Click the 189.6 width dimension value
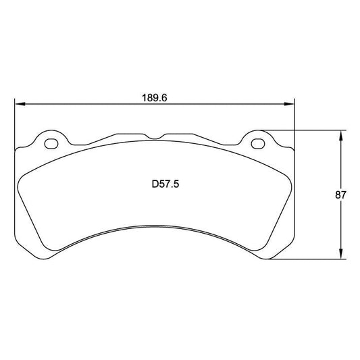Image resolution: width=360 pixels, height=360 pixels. pos(154,97)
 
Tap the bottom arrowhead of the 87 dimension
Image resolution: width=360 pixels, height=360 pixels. pos(340,257)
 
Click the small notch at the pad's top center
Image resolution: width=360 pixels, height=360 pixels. pos(155,137)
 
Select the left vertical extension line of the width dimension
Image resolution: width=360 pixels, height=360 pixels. pos(14,122)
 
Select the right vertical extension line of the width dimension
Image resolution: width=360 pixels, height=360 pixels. pos(294,118)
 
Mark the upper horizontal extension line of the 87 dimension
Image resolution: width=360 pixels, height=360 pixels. pos(304,130)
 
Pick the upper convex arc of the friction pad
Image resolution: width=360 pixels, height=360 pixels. pos(155,144)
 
